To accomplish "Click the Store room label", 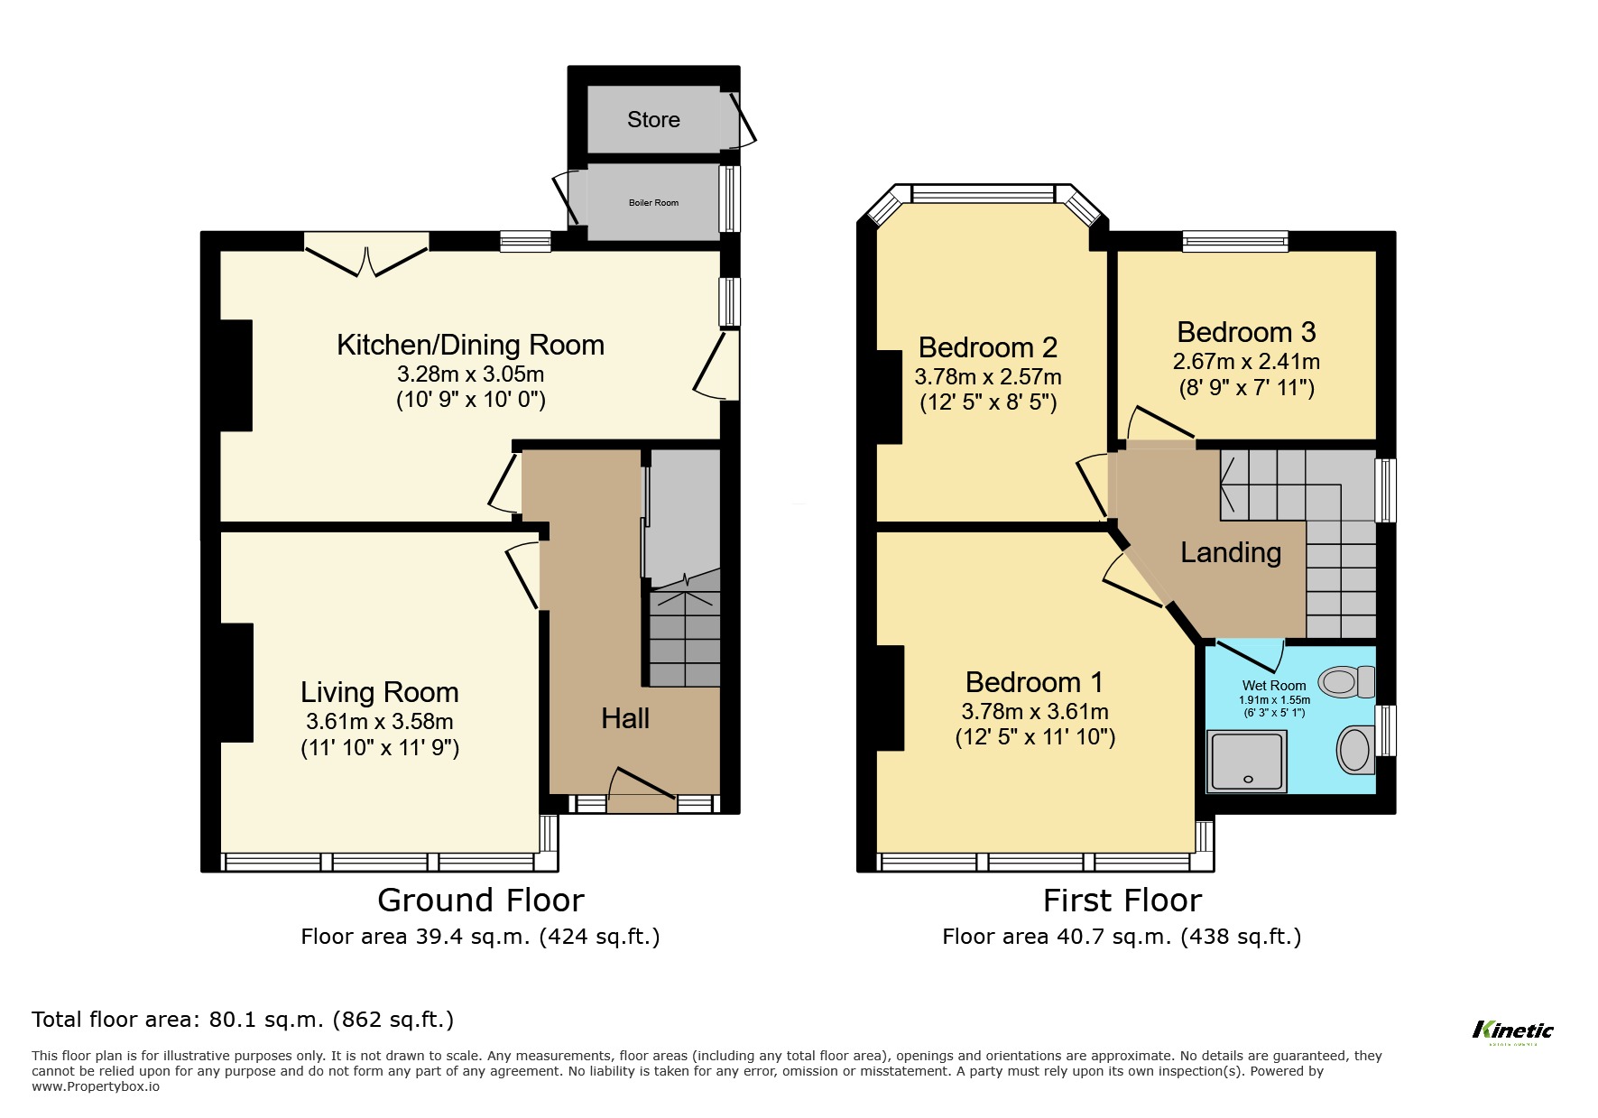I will coord(653,120).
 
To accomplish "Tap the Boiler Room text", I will coord(653,203).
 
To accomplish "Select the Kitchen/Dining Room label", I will coord(470,345).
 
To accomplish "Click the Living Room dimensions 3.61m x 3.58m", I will coord(379,722).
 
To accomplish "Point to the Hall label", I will coord(625,718).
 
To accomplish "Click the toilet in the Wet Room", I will coord(1346,682).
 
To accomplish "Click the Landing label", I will coord(1231,552).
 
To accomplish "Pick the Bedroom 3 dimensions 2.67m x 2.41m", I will coord(1246,362).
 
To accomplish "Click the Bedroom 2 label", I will coord(987,347).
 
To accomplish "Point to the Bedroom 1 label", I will coord(1034,682).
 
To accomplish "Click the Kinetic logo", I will coord(1512,1030).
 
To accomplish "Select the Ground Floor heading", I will coord(480,901).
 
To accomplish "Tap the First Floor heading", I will coord(1122,901).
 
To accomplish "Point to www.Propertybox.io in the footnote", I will coord(96,1087).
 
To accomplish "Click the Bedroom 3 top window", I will coord(1235,240).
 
